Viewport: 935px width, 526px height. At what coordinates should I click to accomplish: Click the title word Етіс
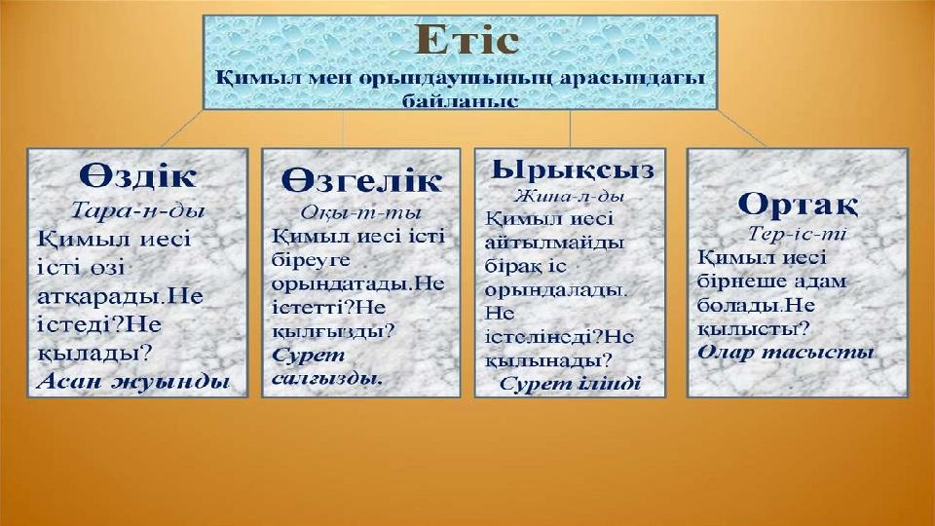[x=467, y=40]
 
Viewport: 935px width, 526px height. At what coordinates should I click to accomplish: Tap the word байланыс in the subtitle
[x=460, y=100]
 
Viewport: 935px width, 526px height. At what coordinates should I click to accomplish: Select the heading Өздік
[x=137, y=176]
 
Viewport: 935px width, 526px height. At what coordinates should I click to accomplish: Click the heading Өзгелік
[x=361, y=179]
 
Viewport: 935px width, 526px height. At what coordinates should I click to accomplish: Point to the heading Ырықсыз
[x=573, y=169]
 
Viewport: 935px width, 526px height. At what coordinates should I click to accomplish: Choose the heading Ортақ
[x=798, y=206]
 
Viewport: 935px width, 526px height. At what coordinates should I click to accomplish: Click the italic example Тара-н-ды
[x=137, y=210]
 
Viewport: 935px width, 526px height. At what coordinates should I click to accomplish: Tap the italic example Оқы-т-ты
[x=360, y=213]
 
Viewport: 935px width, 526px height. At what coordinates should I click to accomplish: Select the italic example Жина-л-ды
[x=570, y=196]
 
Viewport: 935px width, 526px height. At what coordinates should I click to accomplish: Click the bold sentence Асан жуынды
[x=133, y=381]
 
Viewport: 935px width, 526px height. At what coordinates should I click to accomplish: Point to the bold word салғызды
[x=327, y=379]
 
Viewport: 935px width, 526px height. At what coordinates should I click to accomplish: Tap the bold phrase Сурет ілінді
[x=570, y=384]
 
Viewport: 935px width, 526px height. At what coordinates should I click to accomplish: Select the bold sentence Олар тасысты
[x=785, y=353]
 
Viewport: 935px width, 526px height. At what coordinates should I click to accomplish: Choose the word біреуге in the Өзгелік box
[x=311, y=261]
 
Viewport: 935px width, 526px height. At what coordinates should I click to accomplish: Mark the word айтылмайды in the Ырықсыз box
[x=554, y=243]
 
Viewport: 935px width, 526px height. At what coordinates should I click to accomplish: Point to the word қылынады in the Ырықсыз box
[x=548, y=360]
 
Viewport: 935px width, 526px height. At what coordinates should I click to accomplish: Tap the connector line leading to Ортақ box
[x=742, y=129]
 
